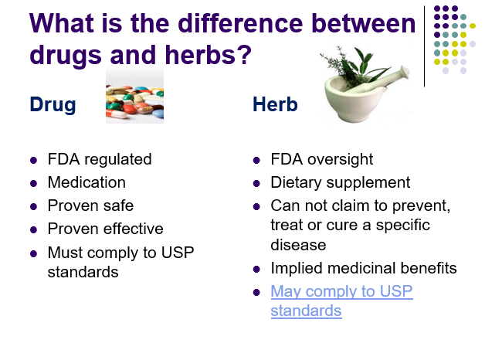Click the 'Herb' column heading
[x=275, y=104]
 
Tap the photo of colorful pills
[x=134, y=94]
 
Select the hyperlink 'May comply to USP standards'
[x=341, y=301]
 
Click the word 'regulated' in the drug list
[x=118, y=160]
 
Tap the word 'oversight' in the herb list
[x=341, y=160]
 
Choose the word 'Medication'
[x=86, y=182]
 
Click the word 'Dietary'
[x=296, y=183]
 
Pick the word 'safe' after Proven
[x=117, y=206]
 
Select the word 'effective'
[x=134, y=229]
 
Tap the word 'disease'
[x=298, y=245]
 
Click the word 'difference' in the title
[x=240, y=23]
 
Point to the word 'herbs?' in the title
[x=209, y=55]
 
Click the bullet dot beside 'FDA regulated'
[x=33, y=160]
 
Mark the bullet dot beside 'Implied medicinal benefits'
[x=256, y=269]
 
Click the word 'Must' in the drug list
[x=66, y=253]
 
